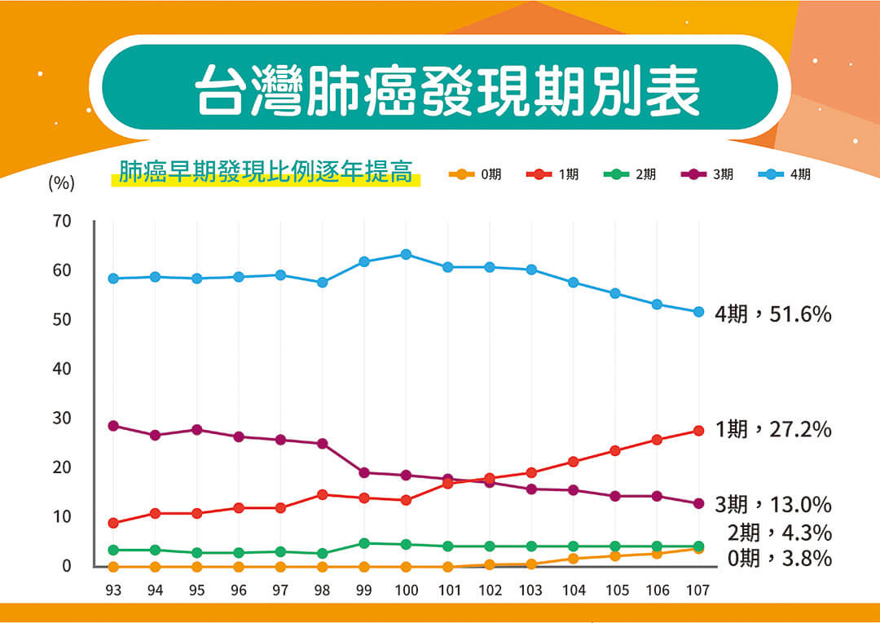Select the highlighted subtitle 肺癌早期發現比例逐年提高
coord(265,173)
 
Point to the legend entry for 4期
coord(787,174)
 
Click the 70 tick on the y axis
coord(63,222)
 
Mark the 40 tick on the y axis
coord(63,370)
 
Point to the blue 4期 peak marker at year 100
coord(406,255)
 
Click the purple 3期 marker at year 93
coord(113,426)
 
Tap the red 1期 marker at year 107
coord(698,431)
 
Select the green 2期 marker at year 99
coord(364,543)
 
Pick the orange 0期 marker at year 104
coord(573,559)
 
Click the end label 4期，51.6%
coord(772,314)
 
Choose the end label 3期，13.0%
coord(772,504)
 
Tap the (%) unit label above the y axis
coord(62,184)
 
